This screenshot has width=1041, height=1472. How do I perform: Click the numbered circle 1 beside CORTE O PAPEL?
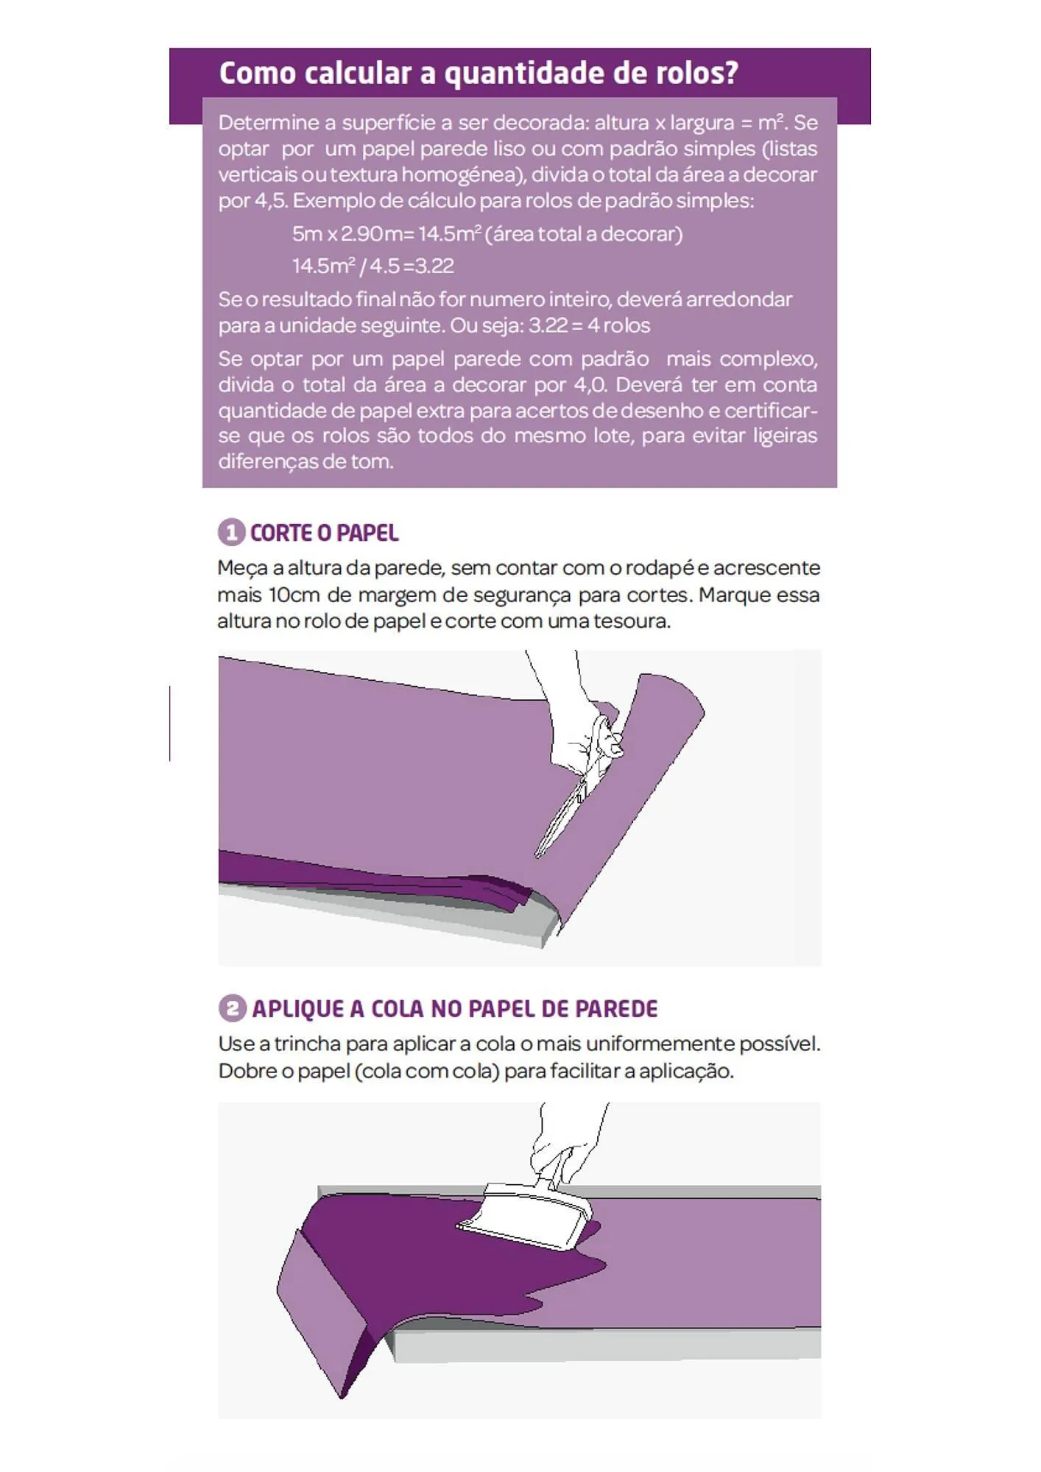231,532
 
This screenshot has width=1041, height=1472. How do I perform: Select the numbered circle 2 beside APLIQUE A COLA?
233,1008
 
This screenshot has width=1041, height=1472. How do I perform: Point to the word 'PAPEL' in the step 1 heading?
367,533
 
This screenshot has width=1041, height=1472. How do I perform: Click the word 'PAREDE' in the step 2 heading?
615,1008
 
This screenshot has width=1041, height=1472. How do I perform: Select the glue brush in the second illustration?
530,1214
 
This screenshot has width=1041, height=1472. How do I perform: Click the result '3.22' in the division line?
434,266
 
